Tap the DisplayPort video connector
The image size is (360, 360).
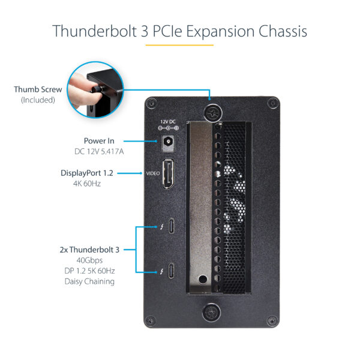tap(168, 173)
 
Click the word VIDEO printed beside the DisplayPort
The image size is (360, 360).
tap(152, 174)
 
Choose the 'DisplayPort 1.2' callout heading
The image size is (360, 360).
tap(86, 173)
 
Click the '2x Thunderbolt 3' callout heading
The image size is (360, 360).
tap(89, 249)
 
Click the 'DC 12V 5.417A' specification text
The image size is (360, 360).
tap(96, 152)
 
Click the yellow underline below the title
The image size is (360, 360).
tap(179, 45)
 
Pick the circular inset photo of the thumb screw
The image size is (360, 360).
tap(94, 90)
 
